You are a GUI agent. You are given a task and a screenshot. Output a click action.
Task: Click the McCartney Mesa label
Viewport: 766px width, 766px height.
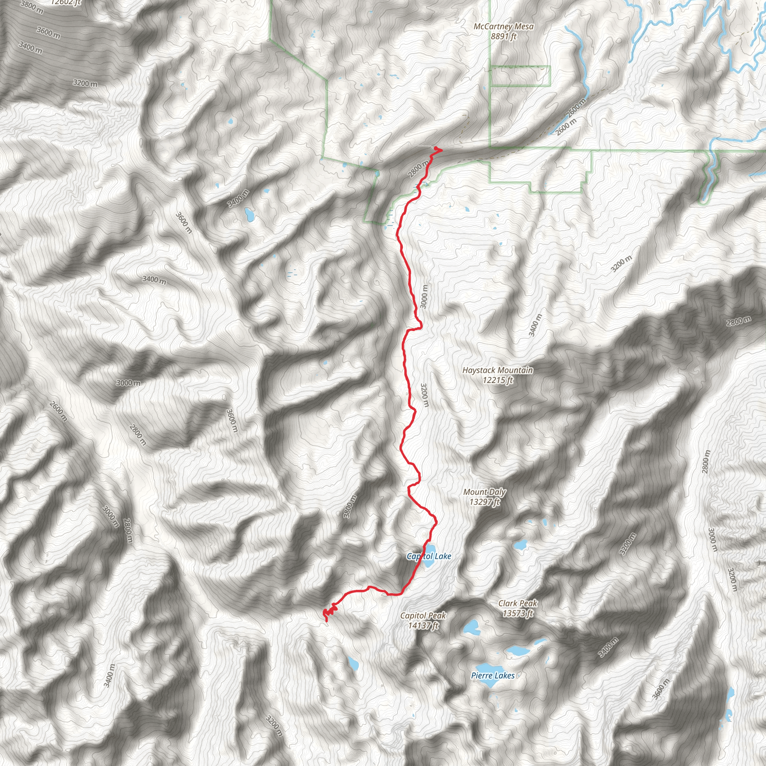[x=503, y=27]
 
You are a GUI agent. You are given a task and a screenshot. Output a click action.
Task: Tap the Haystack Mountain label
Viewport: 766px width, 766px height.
[x=497, y=370]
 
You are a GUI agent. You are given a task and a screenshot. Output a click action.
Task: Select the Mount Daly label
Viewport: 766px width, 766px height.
[x=484, y=492]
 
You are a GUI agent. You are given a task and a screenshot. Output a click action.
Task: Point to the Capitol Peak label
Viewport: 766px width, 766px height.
[x=423, y=616]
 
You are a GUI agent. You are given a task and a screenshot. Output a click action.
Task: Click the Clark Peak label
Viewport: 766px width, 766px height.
[x=518, y=603]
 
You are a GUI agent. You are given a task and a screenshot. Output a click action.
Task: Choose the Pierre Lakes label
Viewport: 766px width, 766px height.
[x=493, y=675]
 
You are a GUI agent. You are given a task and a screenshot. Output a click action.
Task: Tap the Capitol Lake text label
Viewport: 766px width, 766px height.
[x=429, y=557]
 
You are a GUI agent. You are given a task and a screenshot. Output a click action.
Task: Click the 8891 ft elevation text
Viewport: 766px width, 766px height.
[x=503, y=37]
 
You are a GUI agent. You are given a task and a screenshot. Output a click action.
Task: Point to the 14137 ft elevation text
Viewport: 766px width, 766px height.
[x=423, y=626]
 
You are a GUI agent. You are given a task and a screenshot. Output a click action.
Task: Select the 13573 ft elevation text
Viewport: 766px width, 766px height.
[x=518, y=613]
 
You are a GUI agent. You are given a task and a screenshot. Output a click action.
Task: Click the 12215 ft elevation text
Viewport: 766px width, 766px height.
[x=497, y=380]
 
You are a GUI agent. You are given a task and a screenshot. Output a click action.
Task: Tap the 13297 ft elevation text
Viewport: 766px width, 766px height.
[x=484, y=502]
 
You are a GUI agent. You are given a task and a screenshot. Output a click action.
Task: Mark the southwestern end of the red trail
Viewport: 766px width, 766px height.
[x=326, y=621]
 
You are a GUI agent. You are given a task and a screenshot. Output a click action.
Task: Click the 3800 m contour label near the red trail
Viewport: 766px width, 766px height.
[x=350, y=507]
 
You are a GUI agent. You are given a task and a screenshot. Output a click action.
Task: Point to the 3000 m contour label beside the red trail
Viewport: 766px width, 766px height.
[x=424, y=297]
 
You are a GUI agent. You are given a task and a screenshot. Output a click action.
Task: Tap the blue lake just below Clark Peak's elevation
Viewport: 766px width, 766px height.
[x=471, y=628]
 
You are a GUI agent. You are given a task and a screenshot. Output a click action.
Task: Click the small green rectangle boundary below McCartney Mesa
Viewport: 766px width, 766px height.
[x=521, y=76]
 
